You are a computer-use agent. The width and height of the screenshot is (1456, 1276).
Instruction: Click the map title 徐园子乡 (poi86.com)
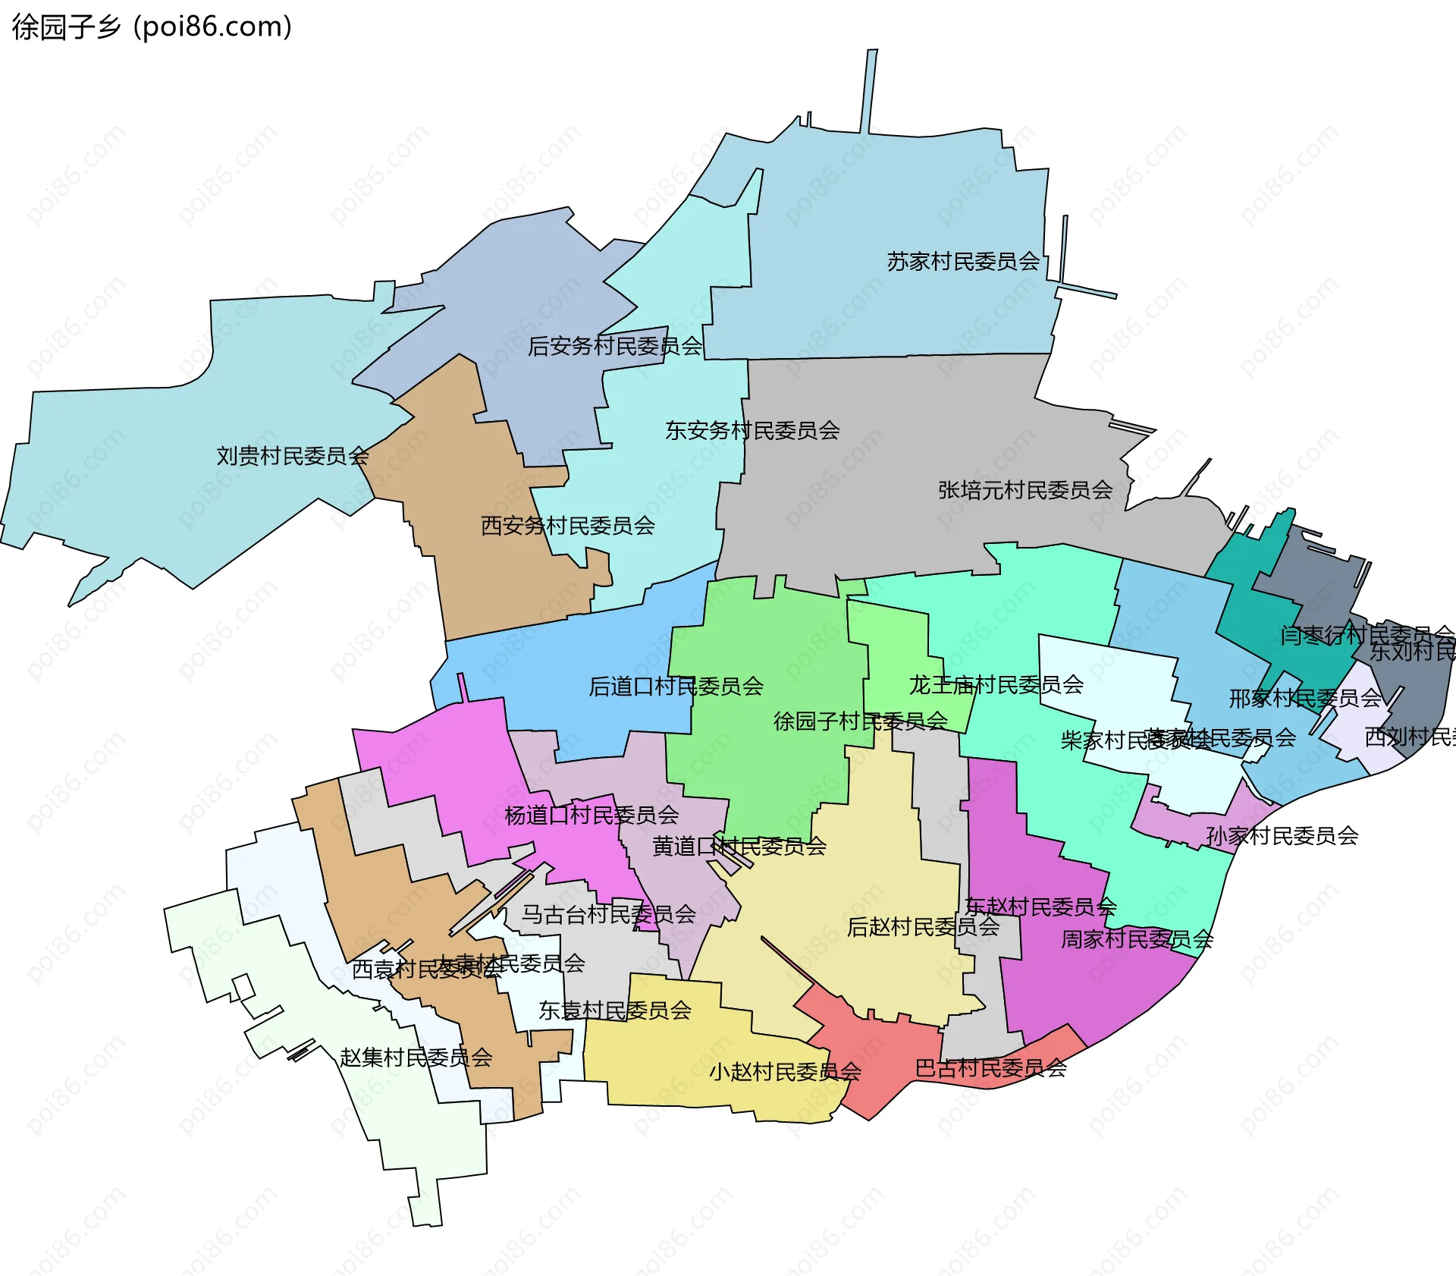tap(152, 27)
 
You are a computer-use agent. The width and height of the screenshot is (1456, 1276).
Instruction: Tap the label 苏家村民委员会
tap(963, 262)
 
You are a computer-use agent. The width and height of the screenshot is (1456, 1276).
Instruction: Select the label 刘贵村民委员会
tap(292, 456)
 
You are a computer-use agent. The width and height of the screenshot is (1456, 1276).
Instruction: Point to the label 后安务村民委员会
tap(615, 347)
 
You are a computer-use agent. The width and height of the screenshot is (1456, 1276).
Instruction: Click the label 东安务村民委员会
tap(752, 431)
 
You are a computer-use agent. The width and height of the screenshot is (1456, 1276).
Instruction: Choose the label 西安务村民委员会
tap(567, 526)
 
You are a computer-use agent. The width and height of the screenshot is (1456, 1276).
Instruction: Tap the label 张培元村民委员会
tap(1025, 490)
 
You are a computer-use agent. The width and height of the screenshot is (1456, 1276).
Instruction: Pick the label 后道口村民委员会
tap(676, 687)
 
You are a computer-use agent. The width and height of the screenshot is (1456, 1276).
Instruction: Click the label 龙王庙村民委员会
tap(996, 685)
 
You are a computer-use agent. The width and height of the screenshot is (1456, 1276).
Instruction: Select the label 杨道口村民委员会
tap(591, 816)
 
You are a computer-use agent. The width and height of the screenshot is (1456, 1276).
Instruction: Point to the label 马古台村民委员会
tap(608, 914)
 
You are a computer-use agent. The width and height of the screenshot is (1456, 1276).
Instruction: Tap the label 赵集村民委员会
tap(416, 1058)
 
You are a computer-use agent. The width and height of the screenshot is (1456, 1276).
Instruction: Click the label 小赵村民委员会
tap(785, 1072)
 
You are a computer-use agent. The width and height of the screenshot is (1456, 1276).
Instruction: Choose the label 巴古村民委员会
tap(990, 1069)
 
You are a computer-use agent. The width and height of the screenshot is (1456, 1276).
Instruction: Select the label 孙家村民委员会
tap(1282, 836)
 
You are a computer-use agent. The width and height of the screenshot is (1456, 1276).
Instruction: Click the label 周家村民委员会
tap(1136, 940)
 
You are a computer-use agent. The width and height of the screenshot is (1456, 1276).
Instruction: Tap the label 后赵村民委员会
tap(923, 927)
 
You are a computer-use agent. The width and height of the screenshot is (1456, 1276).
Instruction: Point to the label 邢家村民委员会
tap(1304, 699)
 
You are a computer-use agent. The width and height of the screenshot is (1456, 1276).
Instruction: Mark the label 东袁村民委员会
tap(614, 1010)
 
